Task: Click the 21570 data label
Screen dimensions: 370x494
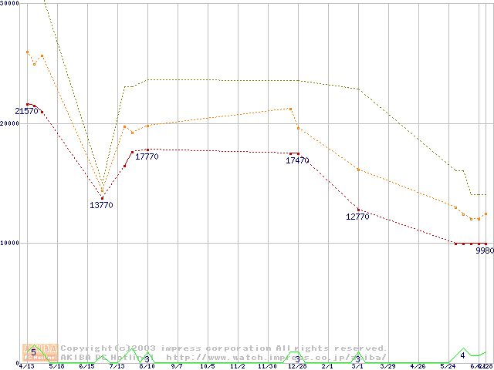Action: [26, 112]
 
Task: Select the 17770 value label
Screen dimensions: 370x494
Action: [147, 156]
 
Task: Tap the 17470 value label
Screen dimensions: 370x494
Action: [297, 161]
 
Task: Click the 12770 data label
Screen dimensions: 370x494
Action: [357, 217]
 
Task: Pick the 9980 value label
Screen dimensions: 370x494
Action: [484, 251]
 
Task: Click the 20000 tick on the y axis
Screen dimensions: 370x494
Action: [10, 123]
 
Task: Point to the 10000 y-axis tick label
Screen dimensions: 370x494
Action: [10, 243]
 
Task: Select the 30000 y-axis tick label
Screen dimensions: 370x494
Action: [10, 4]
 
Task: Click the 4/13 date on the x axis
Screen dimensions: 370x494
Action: [26, 366]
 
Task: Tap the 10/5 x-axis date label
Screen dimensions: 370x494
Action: [207, 366]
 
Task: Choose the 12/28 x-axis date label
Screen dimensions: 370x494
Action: [297, 366]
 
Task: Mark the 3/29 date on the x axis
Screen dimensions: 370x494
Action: [387, 366]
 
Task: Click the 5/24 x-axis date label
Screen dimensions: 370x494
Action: [448, 366]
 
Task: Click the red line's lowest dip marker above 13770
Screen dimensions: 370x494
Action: [102, 198]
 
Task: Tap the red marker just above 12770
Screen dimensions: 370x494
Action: [358, 210]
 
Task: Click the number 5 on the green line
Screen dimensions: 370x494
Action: [33, 352]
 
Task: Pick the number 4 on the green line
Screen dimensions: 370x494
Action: [462, 355]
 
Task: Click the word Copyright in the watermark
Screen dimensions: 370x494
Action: [86, 348]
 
